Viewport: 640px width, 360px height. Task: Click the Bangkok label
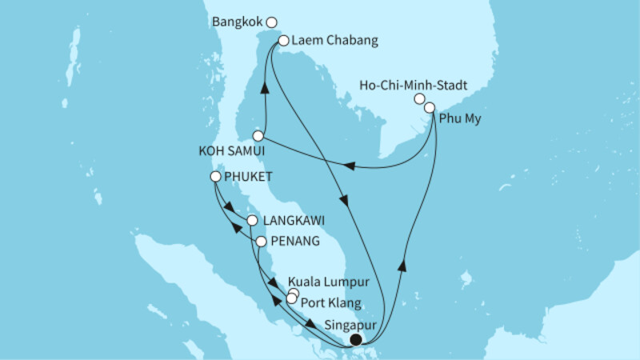pos(239,22)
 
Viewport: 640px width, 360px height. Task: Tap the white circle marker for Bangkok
pos(272,22)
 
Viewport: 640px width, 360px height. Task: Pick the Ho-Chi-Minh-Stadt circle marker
pos(418,98)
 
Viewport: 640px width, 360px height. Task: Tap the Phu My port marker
pos(430,106)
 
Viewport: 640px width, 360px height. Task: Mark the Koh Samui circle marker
pos(258,136)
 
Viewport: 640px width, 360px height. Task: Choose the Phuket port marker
pos(214,177)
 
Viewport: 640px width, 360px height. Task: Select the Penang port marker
pos(262,240)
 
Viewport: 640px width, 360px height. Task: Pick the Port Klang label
pos(330,302)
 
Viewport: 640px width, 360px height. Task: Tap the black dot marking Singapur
pos(355,339)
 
